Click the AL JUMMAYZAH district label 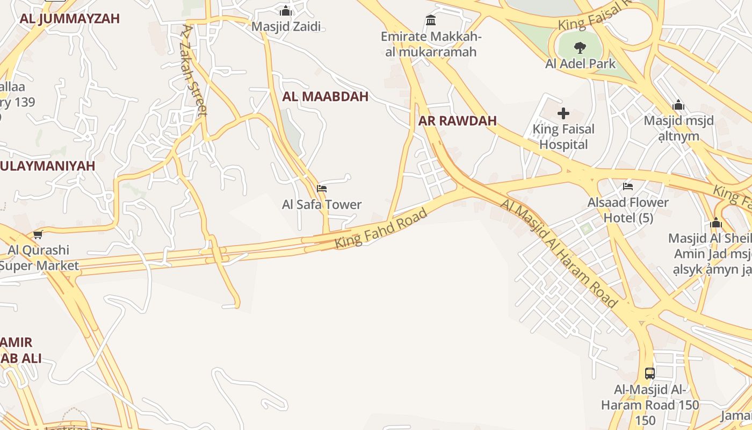70,19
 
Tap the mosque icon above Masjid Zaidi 286,11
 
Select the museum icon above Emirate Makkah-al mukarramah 431,20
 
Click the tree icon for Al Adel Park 580,48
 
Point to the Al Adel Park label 580,64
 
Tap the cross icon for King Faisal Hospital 563,113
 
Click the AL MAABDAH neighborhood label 326,97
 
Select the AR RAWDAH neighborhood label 458,121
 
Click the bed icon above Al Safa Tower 322,188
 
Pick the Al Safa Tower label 322,205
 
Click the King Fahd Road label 381,228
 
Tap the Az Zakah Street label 194,70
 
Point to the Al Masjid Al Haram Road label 559,253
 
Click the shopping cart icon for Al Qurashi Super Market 38,234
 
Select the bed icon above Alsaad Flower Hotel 628,187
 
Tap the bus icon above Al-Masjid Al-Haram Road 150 650,373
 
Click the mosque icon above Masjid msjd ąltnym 678,105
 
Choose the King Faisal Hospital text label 563,137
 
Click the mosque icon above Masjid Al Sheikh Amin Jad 715,223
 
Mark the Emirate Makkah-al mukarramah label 431,45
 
